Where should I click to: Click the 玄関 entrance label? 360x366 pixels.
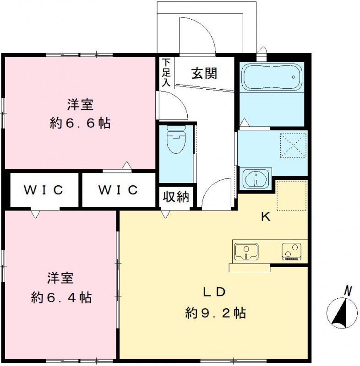click(204, 73)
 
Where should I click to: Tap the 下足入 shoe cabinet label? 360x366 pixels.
click(165, 72)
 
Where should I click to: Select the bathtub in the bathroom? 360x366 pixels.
click(271, 77)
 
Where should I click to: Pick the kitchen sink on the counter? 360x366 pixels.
click(246, 251)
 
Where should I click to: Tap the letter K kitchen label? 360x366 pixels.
click(265, 217)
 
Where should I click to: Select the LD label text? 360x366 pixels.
click(215, 292)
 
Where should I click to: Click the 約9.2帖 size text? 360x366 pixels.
click(215, 313)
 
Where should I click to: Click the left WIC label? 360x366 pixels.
click(43, 189)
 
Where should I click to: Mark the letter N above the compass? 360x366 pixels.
click(348, 290)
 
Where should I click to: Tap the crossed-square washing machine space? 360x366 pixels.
click(293, 145)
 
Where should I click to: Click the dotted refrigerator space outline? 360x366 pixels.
click(291, 196)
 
